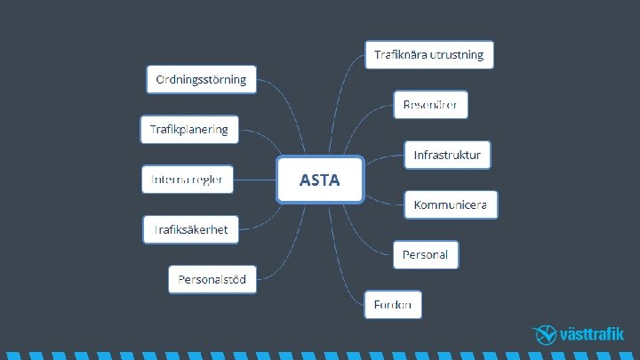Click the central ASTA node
pos(320,180)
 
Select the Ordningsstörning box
pos(201,79)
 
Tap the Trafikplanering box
pos(188,130)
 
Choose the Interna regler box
pos(188,180)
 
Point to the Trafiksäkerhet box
pos(190,229)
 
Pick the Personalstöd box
pos(212,280)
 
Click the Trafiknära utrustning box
pos(428,54)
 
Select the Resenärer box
pos(430,105)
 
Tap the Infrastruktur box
pos(447,155)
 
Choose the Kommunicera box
pos(450,204)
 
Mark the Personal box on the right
pos(426,255)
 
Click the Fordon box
pos(392,305)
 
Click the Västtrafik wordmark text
pos(593,335)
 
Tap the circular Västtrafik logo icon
pos(545,335)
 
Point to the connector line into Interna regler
pos(256,180)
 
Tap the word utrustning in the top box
pos(457,54)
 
